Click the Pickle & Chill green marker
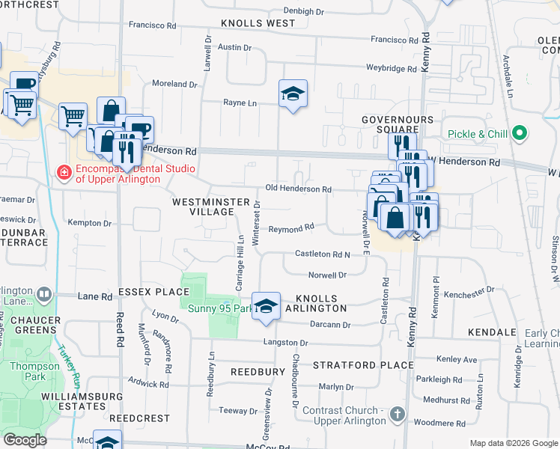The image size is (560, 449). tap(518, 135)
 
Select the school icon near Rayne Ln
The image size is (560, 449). tap(293, 94)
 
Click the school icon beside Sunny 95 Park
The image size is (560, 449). tap(266, 306)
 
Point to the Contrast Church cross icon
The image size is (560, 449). tap(398, 413)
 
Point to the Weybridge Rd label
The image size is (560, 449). tap(392, 68)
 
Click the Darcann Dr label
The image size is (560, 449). tap(330, 325)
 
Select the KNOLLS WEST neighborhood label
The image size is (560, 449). tap(258, 24)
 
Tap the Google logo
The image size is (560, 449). tap(25, 440)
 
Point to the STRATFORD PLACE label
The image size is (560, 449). tap(363, 365)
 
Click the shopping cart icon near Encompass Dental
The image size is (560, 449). tap(73, 116)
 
